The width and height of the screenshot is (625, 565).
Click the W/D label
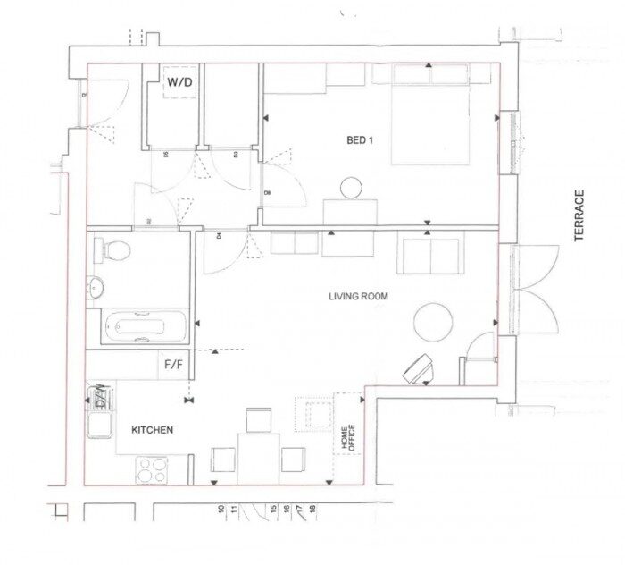pos(179,82)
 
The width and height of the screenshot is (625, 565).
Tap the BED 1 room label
pos(360,139)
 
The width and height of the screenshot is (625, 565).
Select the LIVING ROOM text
pos(358,297)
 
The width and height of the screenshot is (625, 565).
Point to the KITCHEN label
pos(153,430)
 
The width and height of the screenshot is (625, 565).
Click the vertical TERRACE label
pos(579,215)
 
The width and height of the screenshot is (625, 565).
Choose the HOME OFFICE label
pos(347,438)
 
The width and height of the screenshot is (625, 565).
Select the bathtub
pos(143,326)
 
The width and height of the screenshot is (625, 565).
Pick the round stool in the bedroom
pos(352,188)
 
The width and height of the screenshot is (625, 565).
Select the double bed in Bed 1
pos(430,116)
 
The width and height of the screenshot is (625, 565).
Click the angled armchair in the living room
pos(419,367)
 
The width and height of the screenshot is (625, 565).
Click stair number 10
pos(220,510)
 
